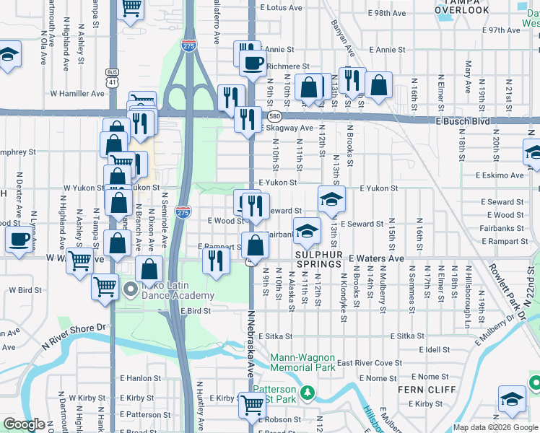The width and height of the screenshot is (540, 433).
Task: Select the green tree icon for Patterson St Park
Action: click(x=308, y=392)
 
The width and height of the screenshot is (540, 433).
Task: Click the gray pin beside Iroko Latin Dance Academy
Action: click(x=131, y=290)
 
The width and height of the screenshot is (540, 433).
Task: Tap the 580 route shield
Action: click(x=274, y=115)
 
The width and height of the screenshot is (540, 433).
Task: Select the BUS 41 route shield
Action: click(x=112, y=77)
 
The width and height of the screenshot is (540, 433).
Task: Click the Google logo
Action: click(x=24, y=424)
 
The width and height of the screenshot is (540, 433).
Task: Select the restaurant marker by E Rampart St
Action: click(x=214, y=261)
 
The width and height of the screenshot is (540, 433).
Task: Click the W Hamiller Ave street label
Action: click(x=77, y=93)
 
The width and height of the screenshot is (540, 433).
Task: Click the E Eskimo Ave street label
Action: click(x=499, y=175)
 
